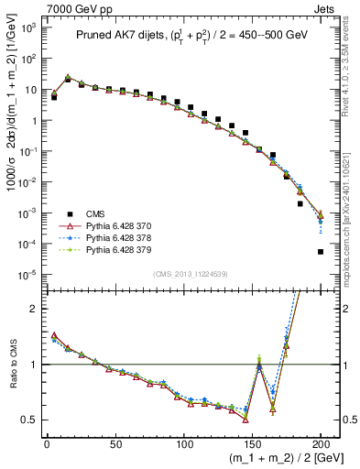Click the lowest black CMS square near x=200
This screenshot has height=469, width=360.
tap(321, 251)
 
